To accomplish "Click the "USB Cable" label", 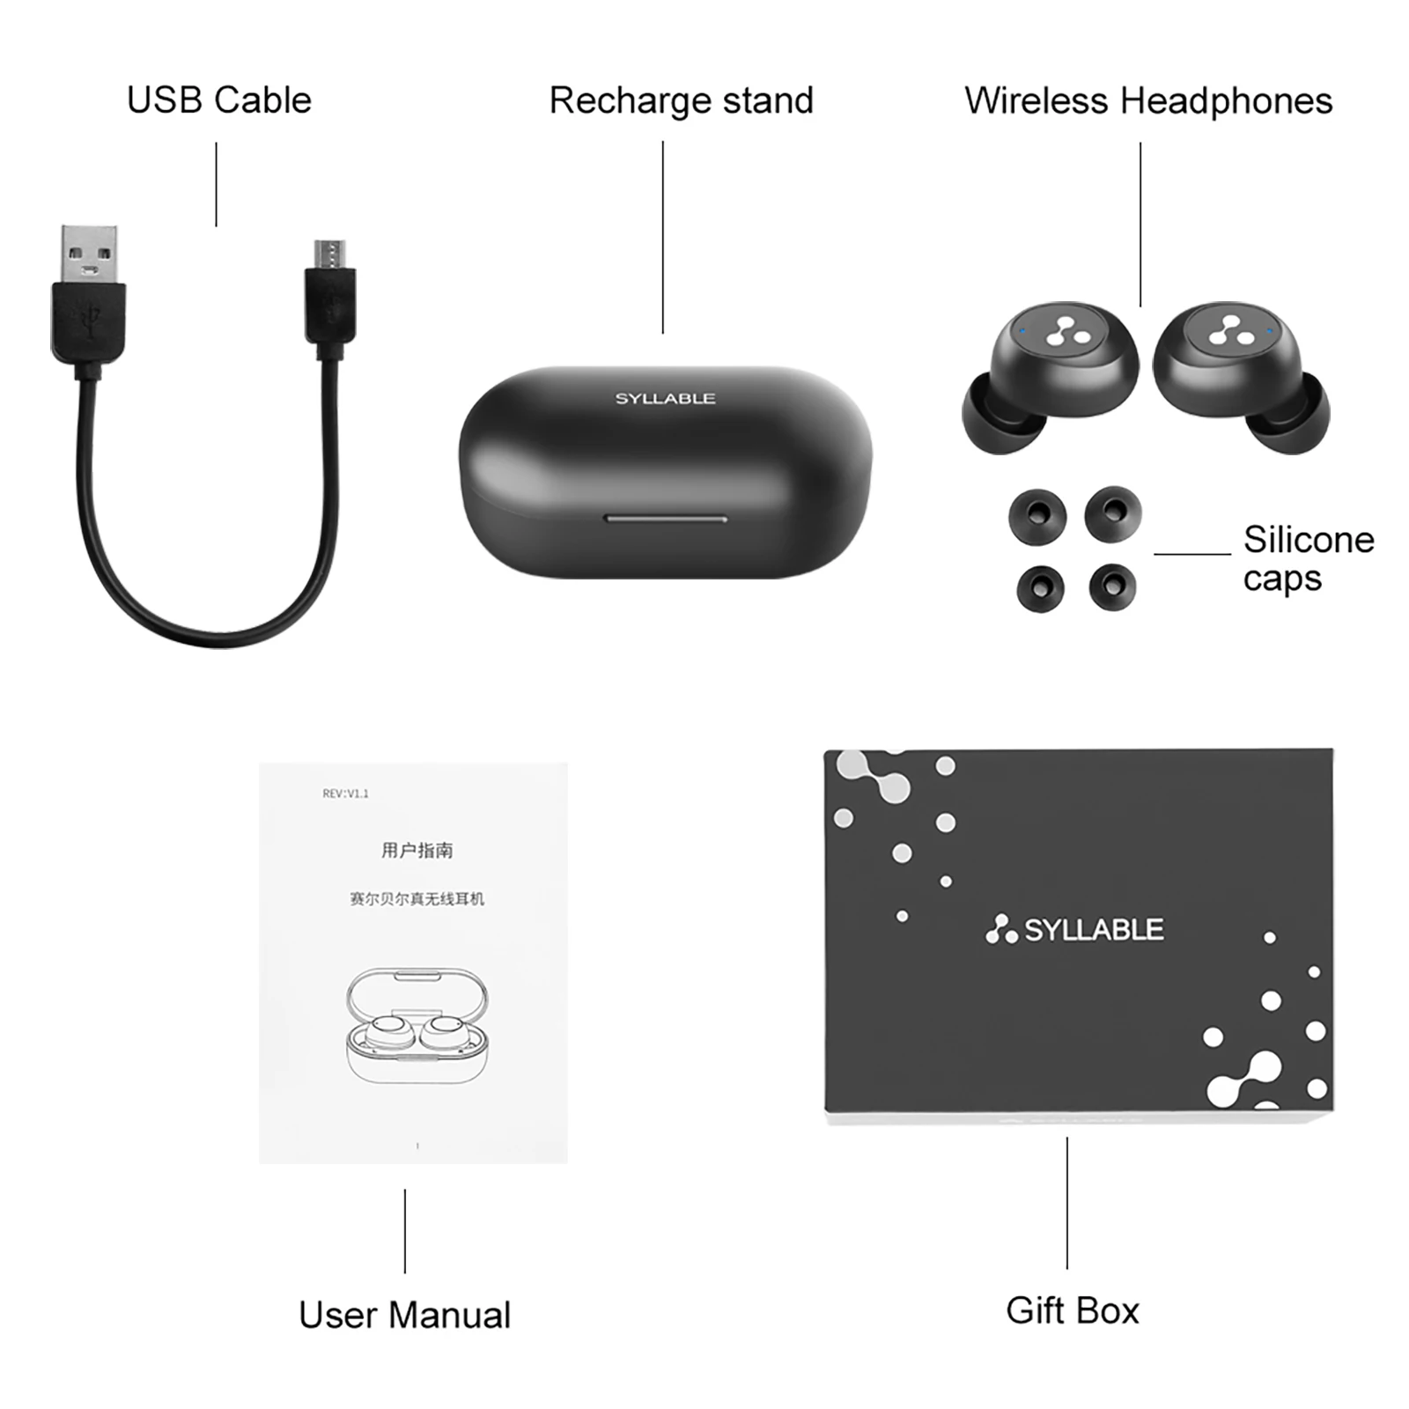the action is (219, 100).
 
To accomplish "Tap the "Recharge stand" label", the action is (681, 100).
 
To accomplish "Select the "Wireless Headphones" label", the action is (1148, 100).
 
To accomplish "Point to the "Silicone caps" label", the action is (1308, 558).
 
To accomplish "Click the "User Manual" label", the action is (404, 1315).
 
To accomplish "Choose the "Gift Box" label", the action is (1072, 1310).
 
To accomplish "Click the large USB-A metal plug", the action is (89, 255).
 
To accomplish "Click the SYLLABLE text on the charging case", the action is (665, 399).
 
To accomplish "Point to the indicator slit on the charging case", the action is (666, 519).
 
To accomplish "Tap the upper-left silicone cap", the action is (1037, 516).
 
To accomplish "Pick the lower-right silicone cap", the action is (1112, 586).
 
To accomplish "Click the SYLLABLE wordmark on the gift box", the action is (1093, 930).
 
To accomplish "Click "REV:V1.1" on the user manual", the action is (345, 793).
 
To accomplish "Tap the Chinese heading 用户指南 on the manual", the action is (417, 850).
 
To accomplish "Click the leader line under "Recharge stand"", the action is (663, 238).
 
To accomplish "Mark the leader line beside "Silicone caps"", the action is (1192, 554).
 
